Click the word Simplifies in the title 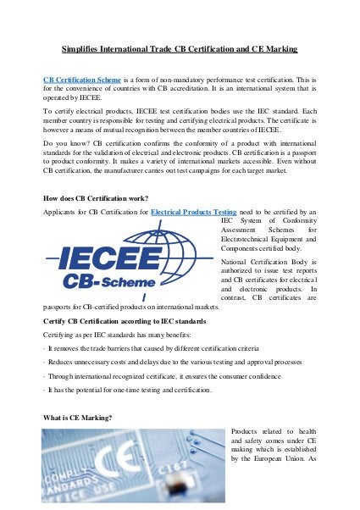tap(81, 51)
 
